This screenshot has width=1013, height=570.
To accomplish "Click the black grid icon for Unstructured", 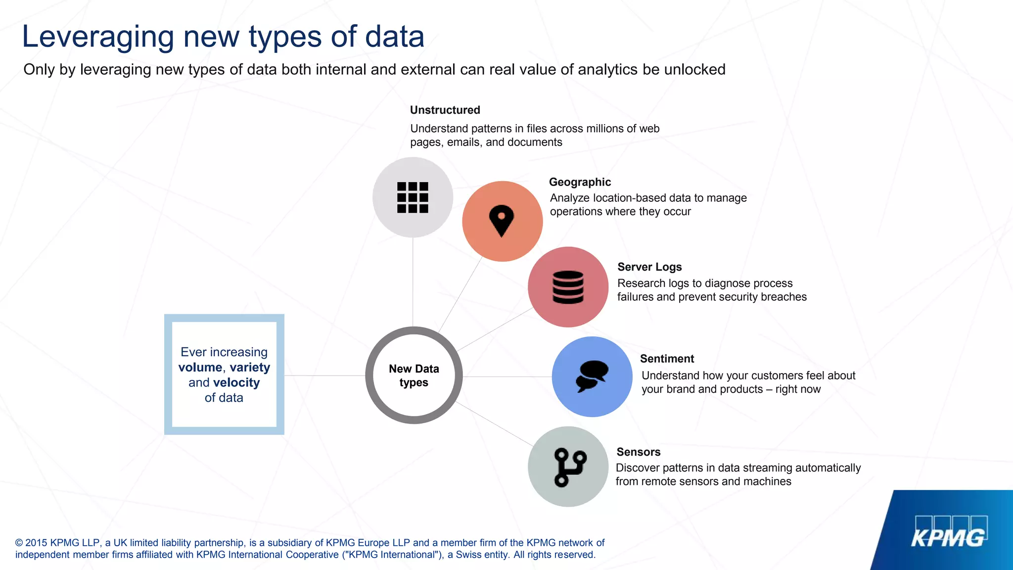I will (x=413, y=197).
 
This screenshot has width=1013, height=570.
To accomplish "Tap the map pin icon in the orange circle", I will (x=502, y=220).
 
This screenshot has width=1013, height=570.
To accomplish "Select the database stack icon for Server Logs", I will (x=568, y=287).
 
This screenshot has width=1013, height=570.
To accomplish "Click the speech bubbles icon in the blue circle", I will (x=592, y=376).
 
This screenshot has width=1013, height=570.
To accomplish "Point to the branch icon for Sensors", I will (x=569, y=467).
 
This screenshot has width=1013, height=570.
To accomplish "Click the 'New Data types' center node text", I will (x=414, y=376).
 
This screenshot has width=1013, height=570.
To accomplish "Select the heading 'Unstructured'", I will (x=445, y=110).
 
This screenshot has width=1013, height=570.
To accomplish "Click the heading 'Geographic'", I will (x=580, y=182).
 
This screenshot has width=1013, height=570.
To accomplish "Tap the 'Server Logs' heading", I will (x=649, y=267).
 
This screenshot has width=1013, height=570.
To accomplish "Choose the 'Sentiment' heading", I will (x=667, y=359).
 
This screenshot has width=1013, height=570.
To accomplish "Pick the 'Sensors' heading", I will (x=638, y=452).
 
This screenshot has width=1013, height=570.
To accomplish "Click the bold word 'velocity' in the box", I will (x=236, y=382).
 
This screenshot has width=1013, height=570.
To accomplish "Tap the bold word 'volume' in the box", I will (x=200, y=367).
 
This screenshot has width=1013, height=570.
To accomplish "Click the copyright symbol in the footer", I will (x=19, y=543).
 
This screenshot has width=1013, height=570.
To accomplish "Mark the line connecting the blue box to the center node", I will (x=324, y=376).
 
